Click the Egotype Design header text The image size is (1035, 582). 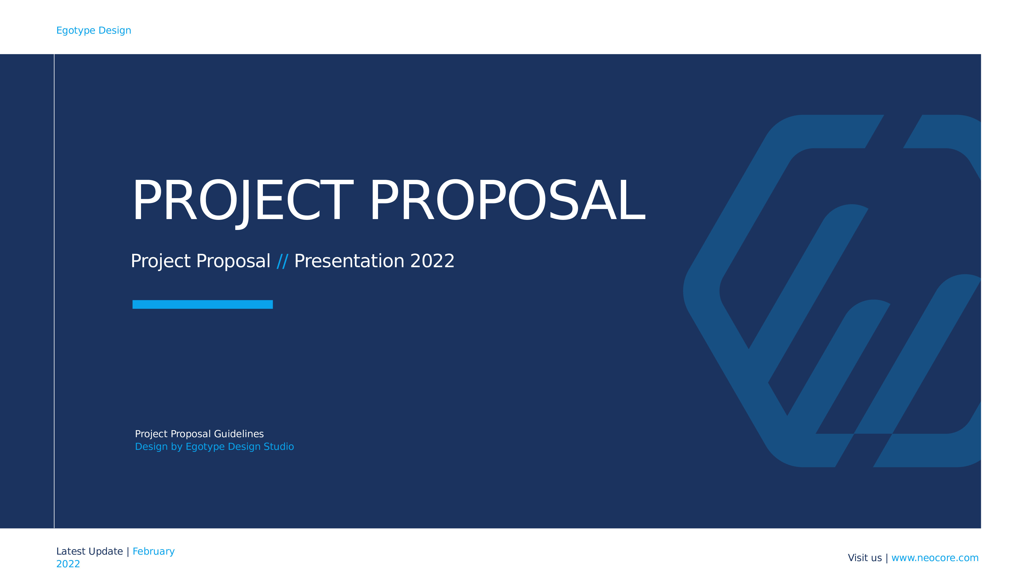point(94,31)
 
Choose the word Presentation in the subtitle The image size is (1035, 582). point(349,261)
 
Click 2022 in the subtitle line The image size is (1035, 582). point(432,261)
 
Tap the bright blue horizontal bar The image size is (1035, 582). point(203,304)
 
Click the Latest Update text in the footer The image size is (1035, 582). point(90,551)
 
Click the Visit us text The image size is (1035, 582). point(865,558)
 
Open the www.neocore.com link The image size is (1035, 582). point(935,558)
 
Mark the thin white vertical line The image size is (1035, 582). point(54,291)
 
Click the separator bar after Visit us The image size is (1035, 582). point(887,558)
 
